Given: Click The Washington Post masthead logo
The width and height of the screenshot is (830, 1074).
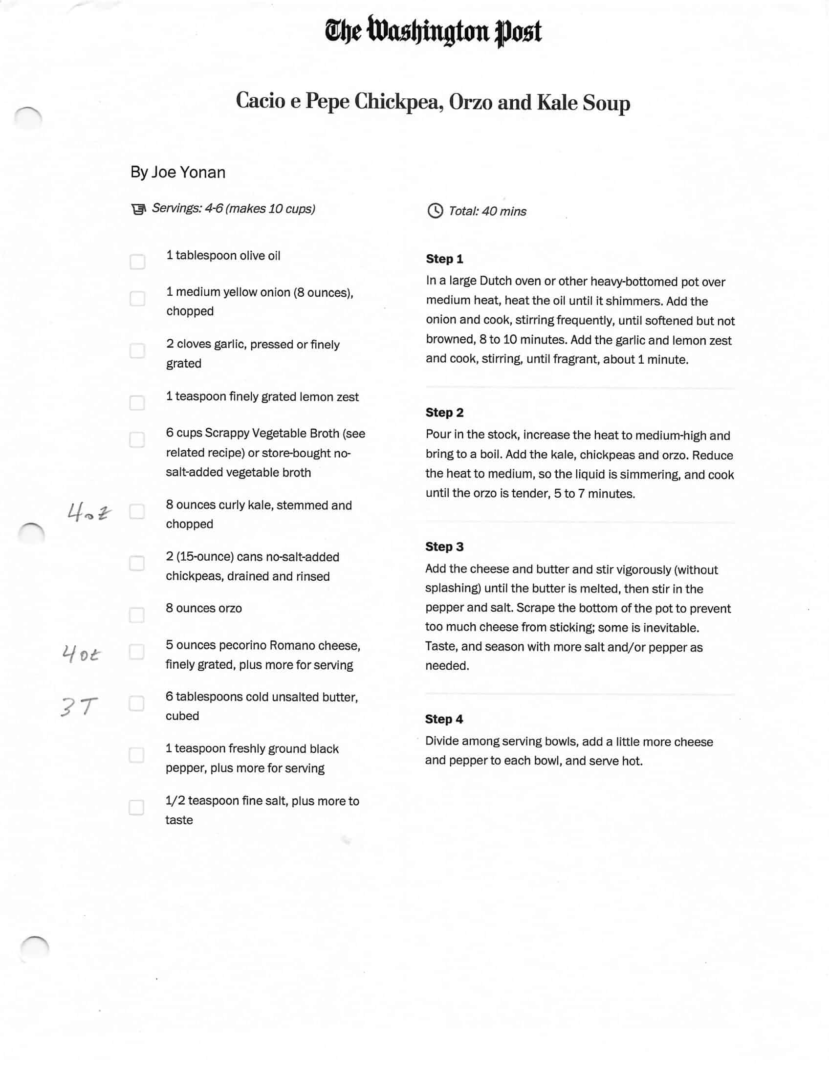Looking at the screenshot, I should (x=433, y=31).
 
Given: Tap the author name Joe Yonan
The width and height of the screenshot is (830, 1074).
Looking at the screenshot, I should (x=188, y=172).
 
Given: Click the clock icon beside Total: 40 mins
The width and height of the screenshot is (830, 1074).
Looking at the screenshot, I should (x=435, y=211).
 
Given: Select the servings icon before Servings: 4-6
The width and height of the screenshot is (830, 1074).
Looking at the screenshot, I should (x=139, y=210).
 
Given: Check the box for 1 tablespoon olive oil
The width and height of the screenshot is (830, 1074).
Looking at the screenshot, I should (x=138, y=262).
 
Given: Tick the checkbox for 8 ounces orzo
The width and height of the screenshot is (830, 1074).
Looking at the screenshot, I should (x=137, y=614).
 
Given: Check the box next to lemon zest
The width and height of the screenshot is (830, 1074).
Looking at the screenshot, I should (x=137, y=403).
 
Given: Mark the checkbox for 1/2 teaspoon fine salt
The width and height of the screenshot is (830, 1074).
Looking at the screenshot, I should (x=136, y=808).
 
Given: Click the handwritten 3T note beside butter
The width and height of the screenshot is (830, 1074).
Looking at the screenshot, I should (x=79, y=707).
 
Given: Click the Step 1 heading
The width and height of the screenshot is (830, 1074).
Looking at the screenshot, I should (x=444, y=259).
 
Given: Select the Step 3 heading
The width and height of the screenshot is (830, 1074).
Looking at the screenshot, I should (x=444, y=547).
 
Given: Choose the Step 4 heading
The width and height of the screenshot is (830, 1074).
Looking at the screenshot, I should (x=443, y=719).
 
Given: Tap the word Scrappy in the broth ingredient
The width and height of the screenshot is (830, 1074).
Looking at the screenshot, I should (x=228, y=433).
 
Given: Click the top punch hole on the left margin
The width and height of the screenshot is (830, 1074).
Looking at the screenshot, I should (x=28, y=118).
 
